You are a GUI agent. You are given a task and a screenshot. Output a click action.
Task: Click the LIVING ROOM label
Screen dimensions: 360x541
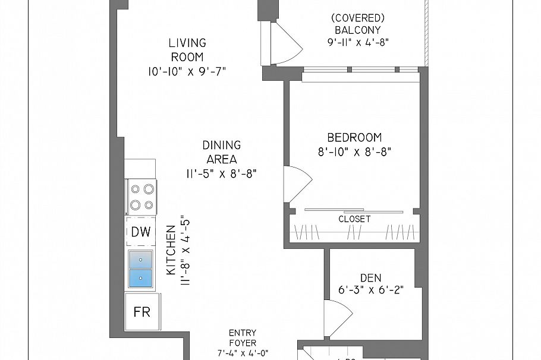pos(187,50)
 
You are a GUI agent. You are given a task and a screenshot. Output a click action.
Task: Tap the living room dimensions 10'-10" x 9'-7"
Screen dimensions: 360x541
pos(187,71)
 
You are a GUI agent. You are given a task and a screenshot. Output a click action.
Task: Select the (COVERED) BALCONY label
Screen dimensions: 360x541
pos(357,24)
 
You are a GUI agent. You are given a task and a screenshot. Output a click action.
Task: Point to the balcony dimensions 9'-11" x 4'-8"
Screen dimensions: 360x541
pos(357,42)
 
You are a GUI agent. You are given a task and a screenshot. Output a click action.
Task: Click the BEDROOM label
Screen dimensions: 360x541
pos(354,137)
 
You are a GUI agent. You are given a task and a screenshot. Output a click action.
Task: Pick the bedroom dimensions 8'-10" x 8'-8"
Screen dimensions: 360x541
pos(354,151)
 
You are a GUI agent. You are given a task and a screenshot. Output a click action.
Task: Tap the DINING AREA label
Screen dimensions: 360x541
pos(221,152)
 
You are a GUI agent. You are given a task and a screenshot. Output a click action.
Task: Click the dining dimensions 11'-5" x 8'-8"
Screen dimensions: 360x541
pos(221,174)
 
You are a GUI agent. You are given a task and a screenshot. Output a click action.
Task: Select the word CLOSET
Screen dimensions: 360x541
pos(354,219)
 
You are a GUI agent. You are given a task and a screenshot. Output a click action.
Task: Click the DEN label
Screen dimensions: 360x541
pos(370,277)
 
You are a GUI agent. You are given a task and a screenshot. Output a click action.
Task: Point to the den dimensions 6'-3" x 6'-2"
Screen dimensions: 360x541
pos(370,291)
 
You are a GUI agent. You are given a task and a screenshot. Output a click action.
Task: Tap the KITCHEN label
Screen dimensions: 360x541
pos(171,250)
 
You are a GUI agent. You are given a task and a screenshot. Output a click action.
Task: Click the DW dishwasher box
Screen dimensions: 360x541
pos(140,232)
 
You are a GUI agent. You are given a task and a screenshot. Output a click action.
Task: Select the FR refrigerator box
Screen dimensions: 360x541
pos(142,312)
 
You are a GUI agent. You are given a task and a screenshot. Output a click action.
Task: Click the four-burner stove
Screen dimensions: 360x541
pos(141,197)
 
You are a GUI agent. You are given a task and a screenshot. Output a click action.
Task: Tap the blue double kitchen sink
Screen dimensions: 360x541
pos(140,268)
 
